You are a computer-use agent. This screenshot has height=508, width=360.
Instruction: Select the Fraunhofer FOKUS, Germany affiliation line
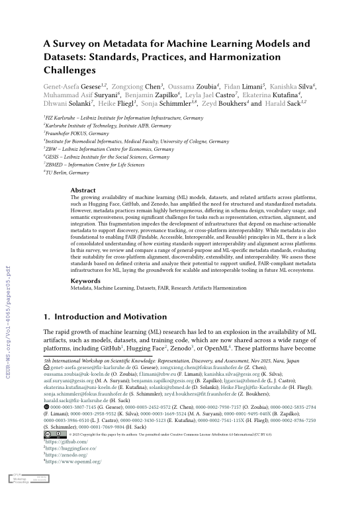pos(79,132)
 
